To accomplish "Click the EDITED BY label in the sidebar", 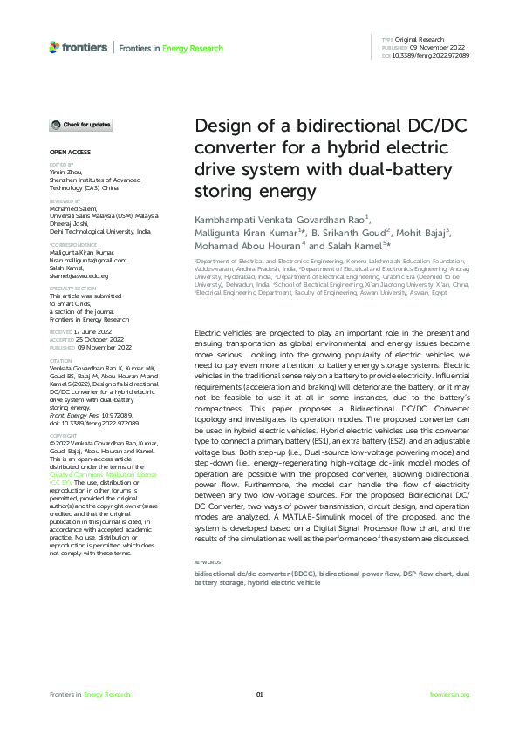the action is point(61,164).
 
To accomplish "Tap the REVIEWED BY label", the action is point(65,200).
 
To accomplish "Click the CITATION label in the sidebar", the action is point(60,360).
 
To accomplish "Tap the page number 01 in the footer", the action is point(259,694).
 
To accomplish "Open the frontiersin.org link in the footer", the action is point(450,694).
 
